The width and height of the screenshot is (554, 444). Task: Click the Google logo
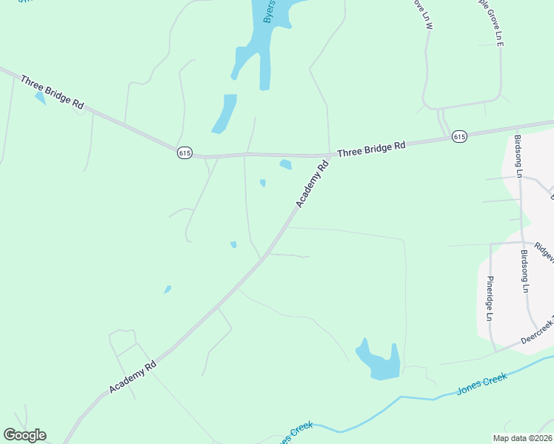coord(24,435)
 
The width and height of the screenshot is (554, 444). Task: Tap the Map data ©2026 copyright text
coord(522,438)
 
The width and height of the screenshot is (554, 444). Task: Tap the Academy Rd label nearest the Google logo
coord(133,377)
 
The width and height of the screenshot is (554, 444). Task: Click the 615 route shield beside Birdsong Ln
coord(459,136)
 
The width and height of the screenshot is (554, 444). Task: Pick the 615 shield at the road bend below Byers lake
coord(185,152)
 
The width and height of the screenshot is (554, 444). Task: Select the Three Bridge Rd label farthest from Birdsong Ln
coord(53,92)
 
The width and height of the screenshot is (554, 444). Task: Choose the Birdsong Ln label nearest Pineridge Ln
coord(525,271)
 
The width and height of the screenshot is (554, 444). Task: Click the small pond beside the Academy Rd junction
coord(285,164)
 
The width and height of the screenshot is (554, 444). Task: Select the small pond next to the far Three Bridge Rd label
coord(39,98)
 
